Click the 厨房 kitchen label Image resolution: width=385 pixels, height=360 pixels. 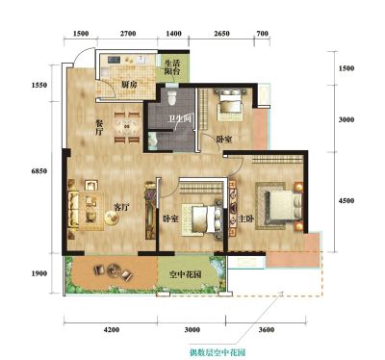[x=129, y=85]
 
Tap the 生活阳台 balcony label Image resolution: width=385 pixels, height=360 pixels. [x=172, y=66]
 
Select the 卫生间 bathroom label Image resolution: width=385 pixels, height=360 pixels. [x=180, y=119]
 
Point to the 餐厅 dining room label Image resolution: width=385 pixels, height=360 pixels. [x=99, y=127]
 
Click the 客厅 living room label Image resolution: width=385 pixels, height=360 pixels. [x=121, y=208]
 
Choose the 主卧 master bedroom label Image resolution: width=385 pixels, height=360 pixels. [x=246, y=219]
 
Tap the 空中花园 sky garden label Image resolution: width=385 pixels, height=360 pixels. [x=186, y=274]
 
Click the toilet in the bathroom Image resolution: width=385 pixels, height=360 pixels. [x=172, y=96]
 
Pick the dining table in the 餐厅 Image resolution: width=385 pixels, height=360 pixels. [x=127, y=127]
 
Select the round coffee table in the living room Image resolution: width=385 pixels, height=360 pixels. [x=112, y=218]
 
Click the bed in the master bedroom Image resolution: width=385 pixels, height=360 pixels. [x=282, y=206]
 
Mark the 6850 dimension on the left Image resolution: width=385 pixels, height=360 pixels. [x=39, y=171]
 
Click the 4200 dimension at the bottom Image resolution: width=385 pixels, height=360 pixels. [x=112, y=330]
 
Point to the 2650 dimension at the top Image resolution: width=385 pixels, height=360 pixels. [x=222, y=34]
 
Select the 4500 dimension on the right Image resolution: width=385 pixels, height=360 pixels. [x=346, y=201]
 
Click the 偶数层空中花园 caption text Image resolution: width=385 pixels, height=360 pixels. [x=218, y=352]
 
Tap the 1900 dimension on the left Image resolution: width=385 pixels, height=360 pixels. [x=39, y=273]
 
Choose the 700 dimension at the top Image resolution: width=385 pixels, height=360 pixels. [x=263, y=34]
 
